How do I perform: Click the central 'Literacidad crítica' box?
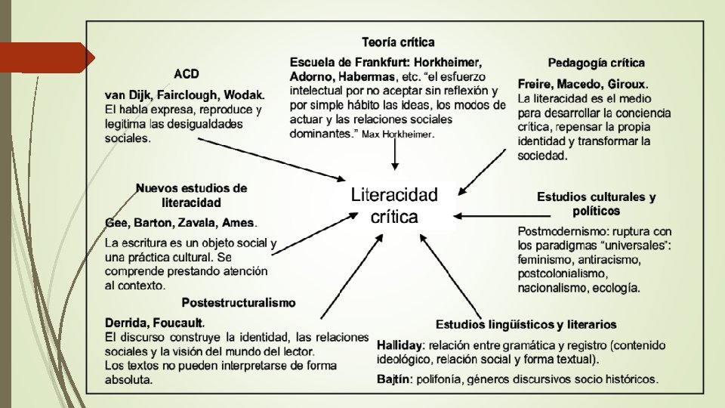coord(394,206)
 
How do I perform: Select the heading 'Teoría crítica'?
coord(397,42)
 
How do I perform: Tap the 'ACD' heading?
coord(187,74)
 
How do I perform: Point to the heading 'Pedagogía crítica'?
coord(596,63)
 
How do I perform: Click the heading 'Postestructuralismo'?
coord(238,302)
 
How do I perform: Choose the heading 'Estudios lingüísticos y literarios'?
coord(526,325)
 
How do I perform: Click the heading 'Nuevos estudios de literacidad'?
coord(191,195)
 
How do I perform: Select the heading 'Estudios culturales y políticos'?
coord(596,203)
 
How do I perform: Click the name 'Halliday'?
coord(401,345)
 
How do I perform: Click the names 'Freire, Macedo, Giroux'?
coord(582,84)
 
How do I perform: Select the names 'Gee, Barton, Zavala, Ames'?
coord(180,223)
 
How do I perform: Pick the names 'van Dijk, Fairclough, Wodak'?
coord(184,95)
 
